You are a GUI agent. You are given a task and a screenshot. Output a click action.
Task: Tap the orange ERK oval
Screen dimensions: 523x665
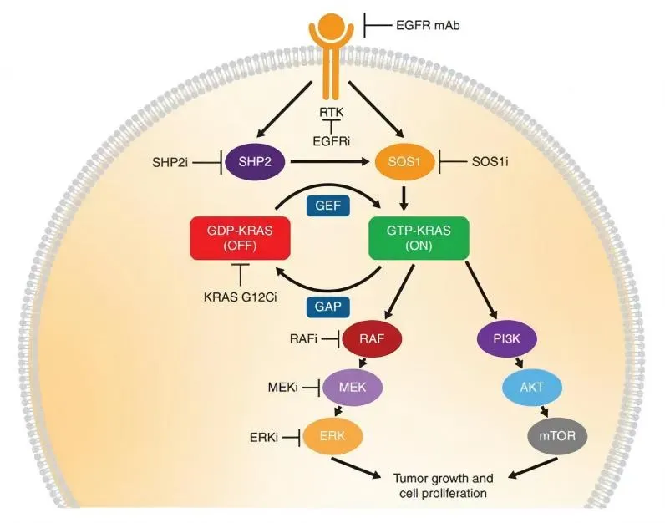coord(338,435)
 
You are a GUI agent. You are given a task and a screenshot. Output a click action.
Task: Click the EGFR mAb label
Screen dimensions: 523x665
coord(429,26)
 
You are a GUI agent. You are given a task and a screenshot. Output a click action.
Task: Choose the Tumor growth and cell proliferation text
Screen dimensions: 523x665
coord(443,486)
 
